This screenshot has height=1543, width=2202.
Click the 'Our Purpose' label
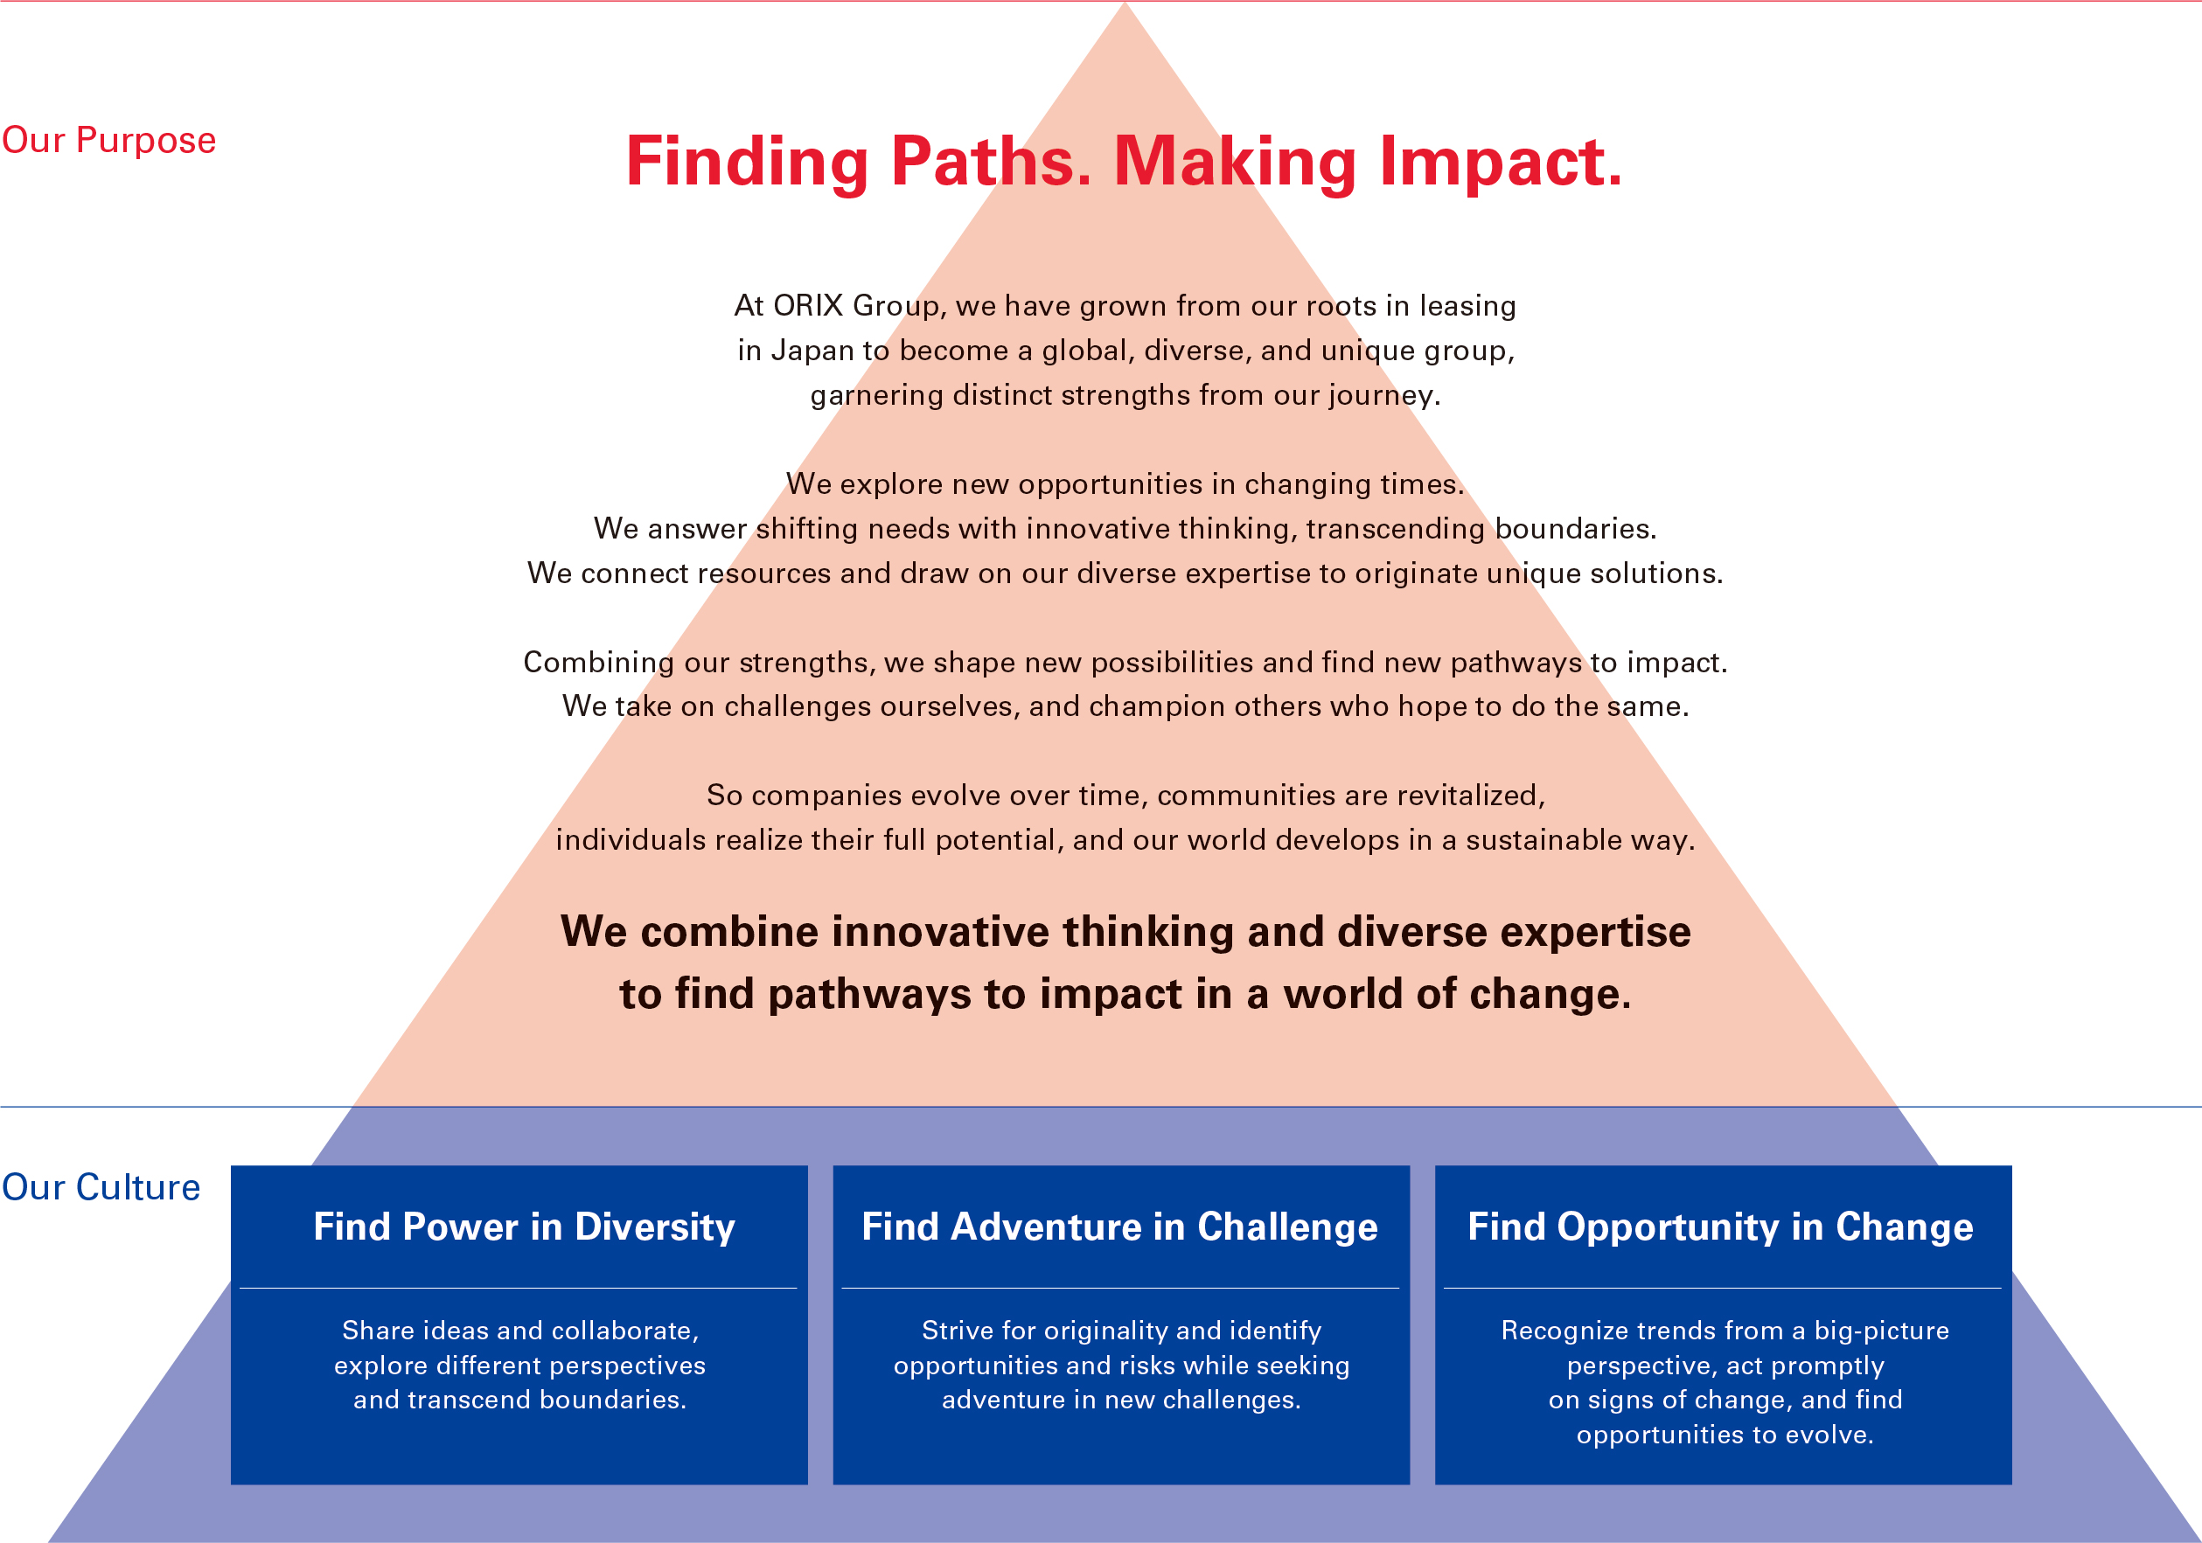tap(109, 141)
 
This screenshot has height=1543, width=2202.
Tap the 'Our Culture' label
tap(101, 1187)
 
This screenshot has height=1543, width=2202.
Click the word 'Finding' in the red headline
tap(747, 163)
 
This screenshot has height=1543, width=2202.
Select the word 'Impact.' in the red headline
tap(1501, 163)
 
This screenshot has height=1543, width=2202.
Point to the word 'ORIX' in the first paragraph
tap(809, 305)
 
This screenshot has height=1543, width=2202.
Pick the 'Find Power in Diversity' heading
tap(524, 1227)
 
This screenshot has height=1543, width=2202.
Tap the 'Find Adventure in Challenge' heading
tap(1119, 1227)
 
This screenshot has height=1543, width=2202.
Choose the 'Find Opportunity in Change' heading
tap(1720, 1227)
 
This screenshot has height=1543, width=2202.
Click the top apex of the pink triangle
tap(1125, 3)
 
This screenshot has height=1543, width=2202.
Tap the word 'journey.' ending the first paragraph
tap(1385, 395)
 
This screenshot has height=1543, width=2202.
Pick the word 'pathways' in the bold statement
tap(869, 995)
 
